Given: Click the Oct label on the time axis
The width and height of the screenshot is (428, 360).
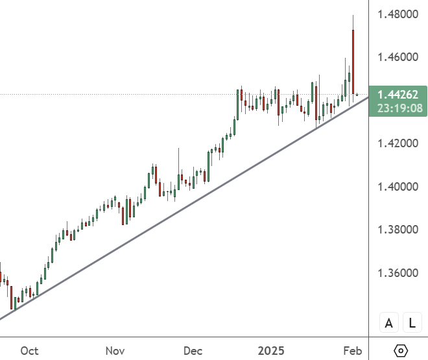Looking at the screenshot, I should [29, 351].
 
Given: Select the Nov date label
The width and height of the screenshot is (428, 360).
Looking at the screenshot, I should [115, 351].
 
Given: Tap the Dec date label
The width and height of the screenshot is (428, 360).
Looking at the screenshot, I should [193, 351].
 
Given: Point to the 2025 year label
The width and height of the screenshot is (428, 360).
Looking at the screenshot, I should [272, 351].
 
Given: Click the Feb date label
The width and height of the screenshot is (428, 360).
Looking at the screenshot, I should [352, 351].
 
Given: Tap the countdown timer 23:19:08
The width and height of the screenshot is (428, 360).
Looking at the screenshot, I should [397, 108].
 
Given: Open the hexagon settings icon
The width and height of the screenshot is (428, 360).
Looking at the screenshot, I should [401, 351].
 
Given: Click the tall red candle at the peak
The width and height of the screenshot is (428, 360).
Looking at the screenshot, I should [353, 62].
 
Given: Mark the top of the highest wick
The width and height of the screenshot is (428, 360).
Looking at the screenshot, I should [353, 15].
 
